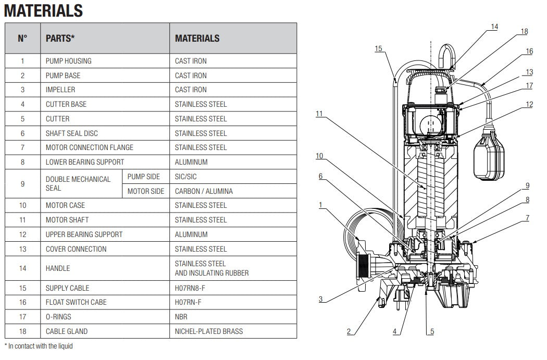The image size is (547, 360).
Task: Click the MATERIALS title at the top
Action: click(x=43, y=10)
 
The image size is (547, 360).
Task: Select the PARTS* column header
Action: click(x=60, y=38)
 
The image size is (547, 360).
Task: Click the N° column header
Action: click(x=22, y=38)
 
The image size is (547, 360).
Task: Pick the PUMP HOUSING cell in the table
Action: click(x=68, y=61)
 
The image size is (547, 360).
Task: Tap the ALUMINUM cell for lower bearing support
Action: click(x=191, y=162)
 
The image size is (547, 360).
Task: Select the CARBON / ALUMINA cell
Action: click(x=204, y=191)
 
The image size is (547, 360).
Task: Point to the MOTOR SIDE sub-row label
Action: click(x=146, y=191)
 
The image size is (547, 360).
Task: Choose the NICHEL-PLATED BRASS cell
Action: click(x=209, y=331)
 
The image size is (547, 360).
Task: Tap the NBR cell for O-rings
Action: click(x=181, y=317)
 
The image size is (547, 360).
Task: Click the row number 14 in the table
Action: click(x=22, y=268)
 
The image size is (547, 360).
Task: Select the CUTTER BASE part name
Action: click(x=66, y=104)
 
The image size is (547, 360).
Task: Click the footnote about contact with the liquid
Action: click(x=39, y=346)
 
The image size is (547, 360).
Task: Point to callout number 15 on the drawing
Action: click(x=378, y=48)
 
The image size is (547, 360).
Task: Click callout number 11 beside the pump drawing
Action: click(x=319, y=114)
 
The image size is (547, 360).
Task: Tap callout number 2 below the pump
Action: click(x=349, y=331)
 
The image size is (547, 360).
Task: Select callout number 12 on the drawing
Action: click(x=529, y=105)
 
